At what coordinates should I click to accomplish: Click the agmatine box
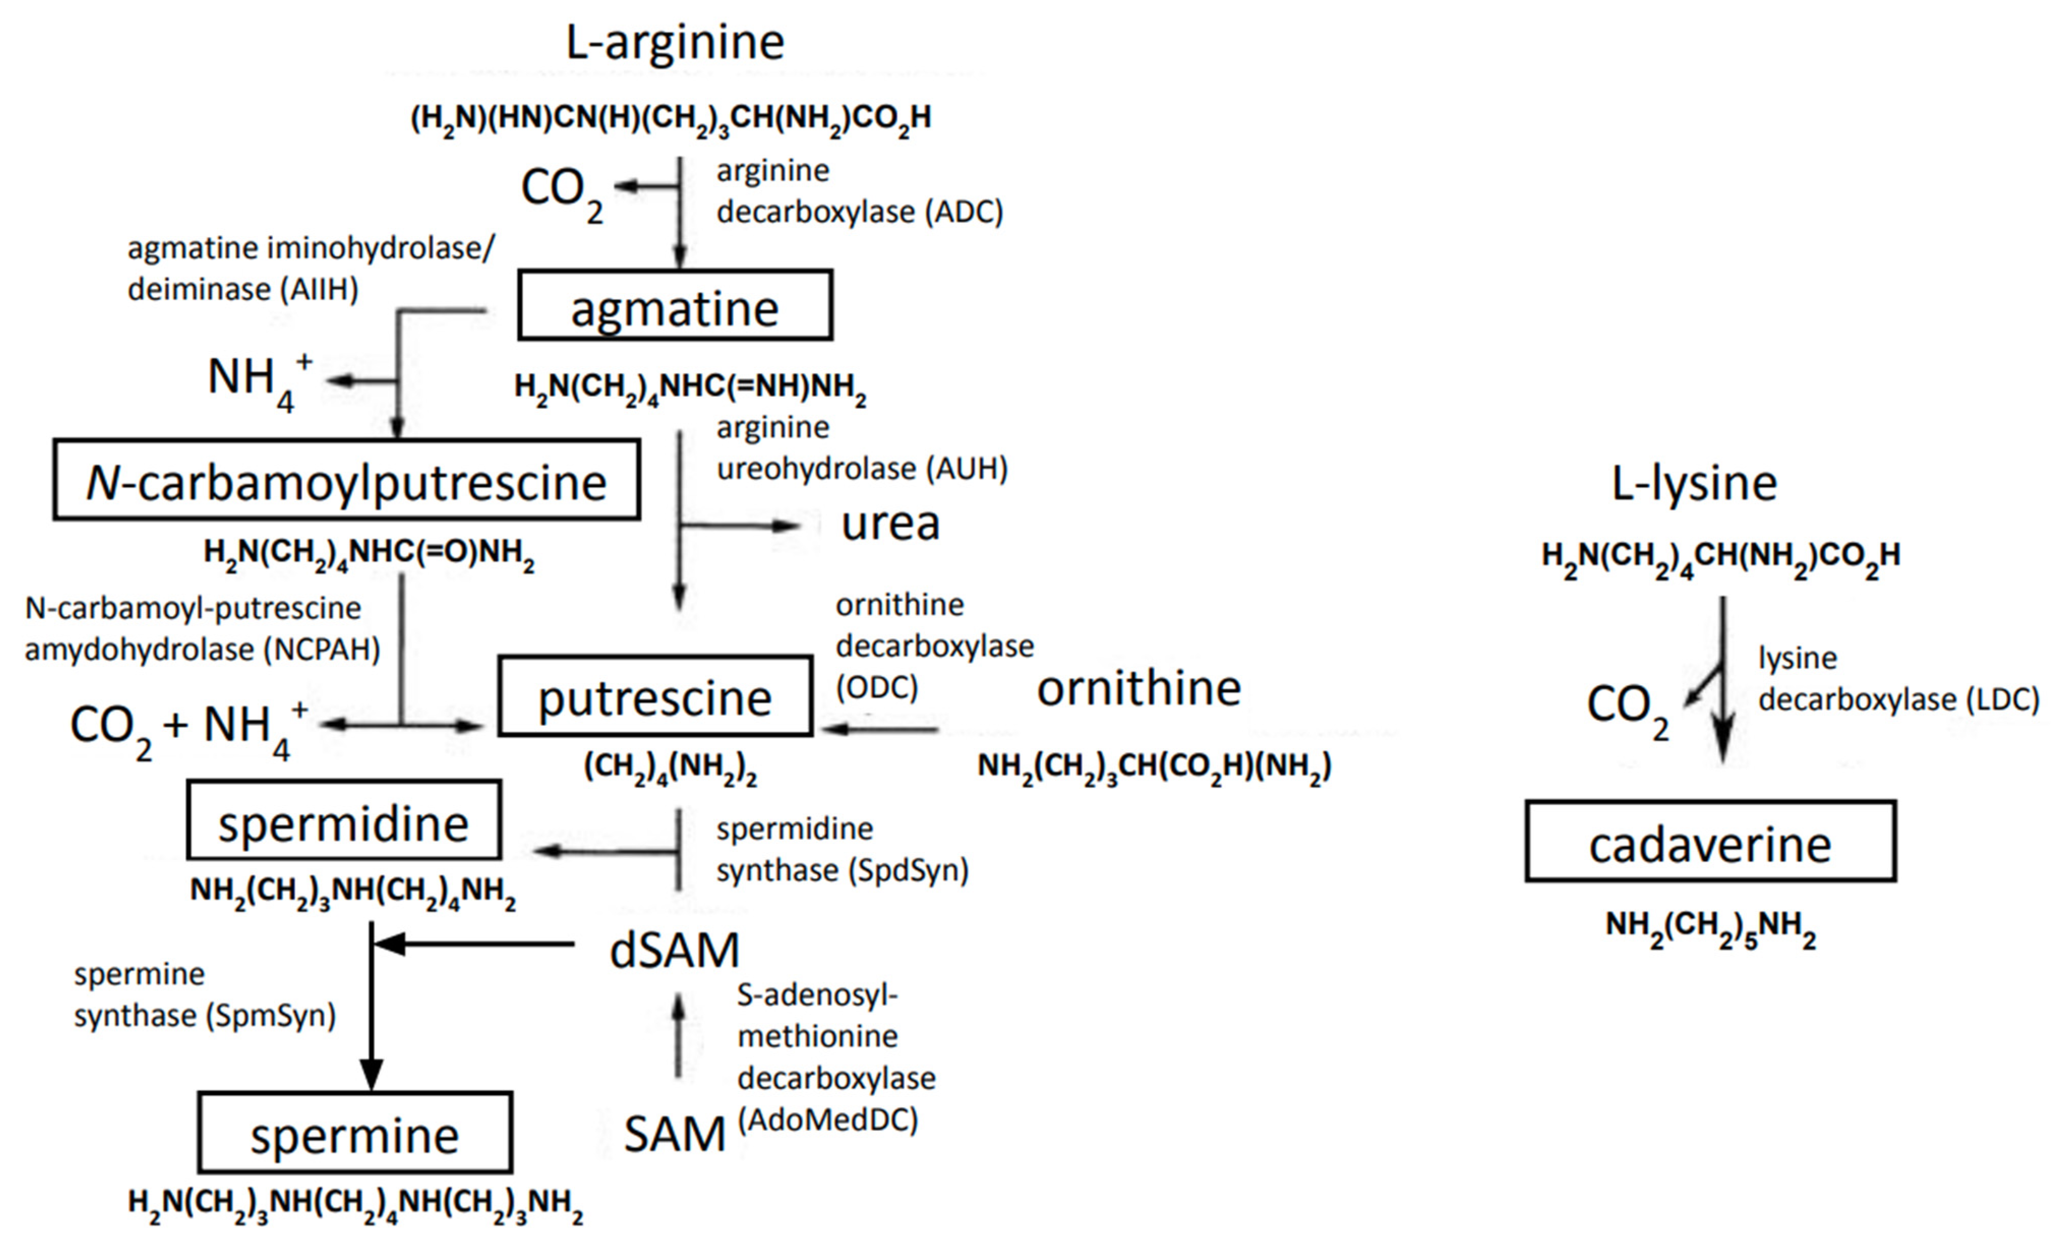coord(674,306)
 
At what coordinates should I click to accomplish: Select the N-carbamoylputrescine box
coord(346,480)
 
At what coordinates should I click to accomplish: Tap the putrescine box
coord(655,696)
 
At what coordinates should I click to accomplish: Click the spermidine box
coord(344,821)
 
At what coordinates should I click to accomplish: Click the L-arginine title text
coord(674,42)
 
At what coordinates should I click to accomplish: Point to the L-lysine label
coord(1694,483)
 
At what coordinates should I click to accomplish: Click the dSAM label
coord(674,950)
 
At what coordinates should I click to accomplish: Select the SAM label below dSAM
coord(674,1134)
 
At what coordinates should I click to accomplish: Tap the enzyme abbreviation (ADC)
coord(963,212)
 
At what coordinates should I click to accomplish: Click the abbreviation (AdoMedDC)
coord(827,1120)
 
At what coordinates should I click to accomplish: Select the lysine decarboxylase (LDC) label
coord(1898,679)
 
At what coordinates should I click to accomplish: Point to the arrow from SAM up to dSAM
coord(678,1036)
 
